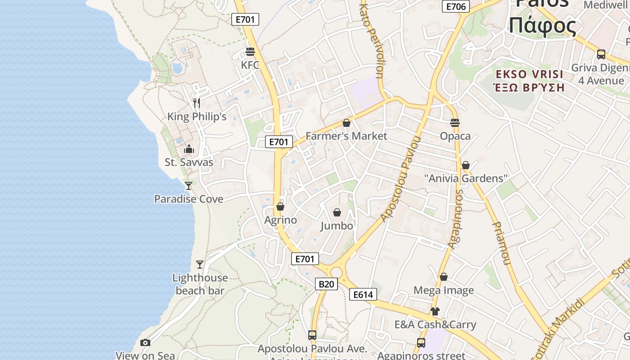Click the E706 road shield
tap(456, 6)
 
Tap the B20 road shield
tap(326, 284)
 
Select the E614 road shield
tap(363, 295)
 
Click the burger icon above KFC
tap(250, 52)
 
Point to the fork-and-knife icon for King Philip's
tap(197, 103)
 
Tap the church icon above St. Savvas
tap(189, 149)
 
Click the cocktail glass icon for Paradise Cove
tap(189, 185)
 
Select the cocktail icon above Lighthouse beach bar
tap(200, 265)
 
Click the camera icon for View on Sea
tap(145, 343)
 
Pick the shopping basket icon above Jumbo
tap(337, 212)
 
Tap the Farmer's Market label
tap(346, 136)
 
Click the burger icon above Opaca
tap(455, 123)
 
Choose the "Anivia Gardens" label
tap(466, 178)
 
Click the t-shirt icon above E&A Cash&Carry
tap(435, 311)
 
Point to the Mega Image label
tap(444, 290)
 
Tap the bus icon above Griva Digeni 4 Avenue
tap(601, 54)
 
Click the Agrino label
tap(280, 220)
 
